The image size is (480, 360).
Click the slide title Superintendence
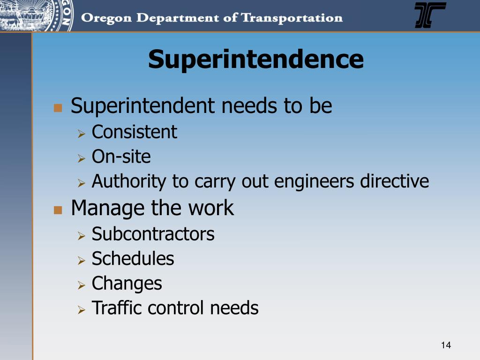pyautogui.click(x=255, y=60)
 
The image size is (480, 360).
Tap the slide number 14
pyautogui.click(x=446, y=345)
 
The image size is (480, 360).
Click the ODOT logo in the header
pyautogui.click(x=430, y=15)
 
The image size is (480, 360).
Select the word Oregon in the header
pyautogui.click(x=105, y=19)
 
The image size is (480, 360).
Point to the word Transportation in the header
pyautogui.click(x=292, y=19)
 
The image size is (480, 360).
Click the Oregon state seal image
pyautogui.click(x=35, y=15)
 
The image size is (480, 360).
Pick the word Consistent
pyautogui.click(x=134, y=132)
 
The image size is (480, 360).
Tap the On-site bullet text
pyautogui.click(x=121, y=156)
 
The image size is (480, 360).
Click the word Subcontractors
pyautogui.click(x=153, y=233)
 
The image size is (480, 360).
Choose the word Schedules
pyautogui.click(x=133, y=258)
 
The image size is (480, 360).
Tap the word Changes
pyautogui.click(x=127, y=283)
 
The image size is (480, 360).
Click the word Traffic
pyautogui.click(x=117, y=308)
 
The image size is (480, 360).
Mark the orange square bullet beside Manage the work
pyautogui.click(x=58, y=210)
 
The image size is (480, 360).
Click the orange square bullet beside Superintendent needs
pyautogui.click(x=58, y=108)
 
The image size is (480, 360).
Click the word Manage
pyautogui.click(x=108, y=208)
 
